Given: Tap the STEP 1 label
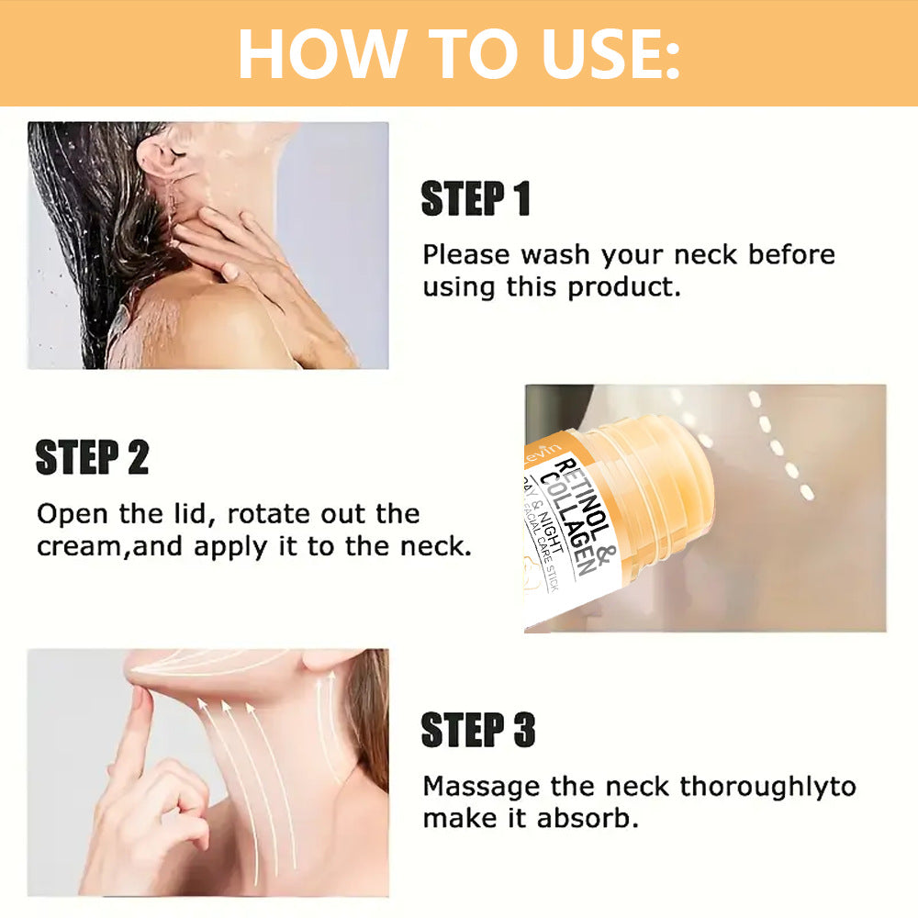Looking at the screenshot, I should (x=476, y=199).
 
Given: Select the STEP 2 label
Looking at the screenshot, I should (x=92, y=458).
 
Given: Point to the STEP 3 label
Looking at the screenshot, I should (x=477, y=730).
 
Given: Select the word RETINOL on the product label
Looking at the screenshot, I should (x=588, y=500).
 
